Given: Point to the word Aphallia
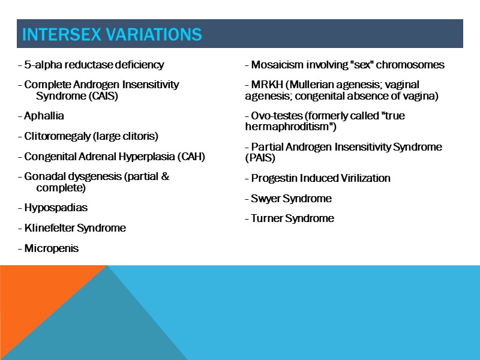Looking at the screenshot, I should click(44, 116).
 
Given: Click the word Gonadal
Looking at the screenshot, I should click(43, 177).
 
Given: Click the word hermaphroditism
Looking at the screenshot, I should click(288, 127).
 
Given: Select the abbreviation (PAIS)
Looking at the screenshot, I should click(260, 157).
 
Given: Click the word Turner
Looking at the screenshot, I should click(266, 218).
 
